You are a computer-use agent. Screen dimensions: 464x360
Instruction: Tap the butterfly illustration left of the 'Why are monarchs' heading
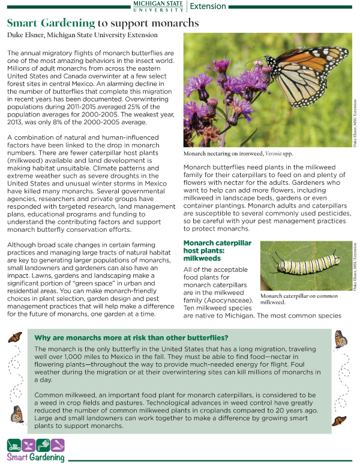[x=14, y=338]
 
